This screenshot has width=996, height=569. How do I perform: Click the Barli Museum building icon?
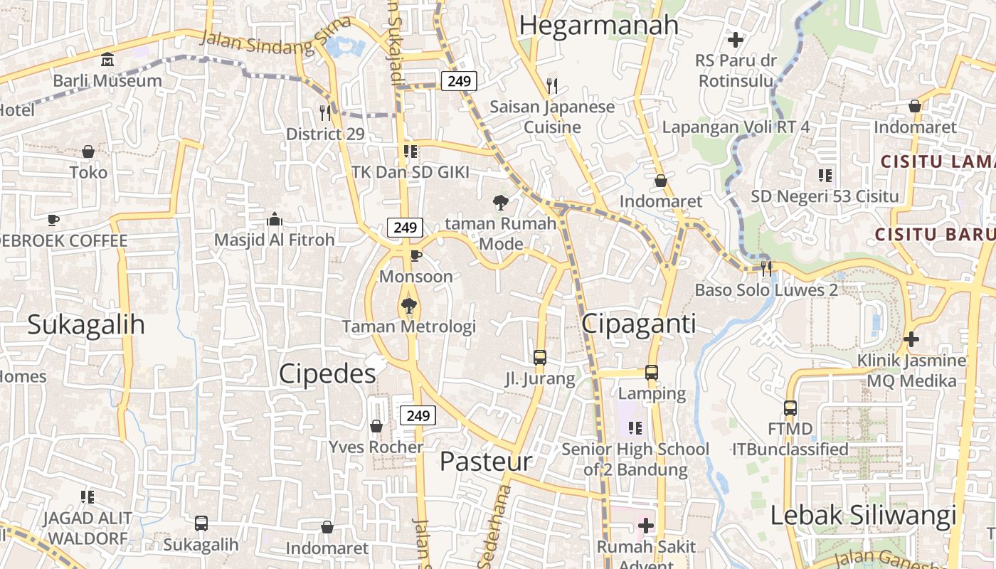point(107,59)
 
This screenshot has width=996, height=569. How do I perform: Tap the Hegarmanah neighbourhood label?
point(599,25)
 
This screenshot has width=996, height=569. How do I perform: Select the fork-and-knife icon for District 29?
point(325,112)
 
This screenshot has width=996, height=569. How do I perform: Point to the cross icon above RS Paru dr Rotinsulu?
point(736,40)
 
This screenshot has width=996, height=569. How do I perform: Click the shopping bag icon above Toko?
point(88,151)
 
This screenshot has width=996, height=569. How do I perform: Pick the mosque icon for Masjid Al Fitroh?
point(274,219)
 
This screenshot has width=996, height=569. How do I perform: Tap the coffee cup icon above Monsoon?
point(416,255)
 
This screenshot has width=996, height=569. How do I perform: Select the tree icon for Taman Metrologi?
point(408,307)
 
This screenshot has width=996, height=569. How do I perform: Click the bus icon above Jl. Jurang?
point(540,357)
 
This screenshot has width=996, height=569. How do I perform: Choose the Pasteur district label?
point(485,462)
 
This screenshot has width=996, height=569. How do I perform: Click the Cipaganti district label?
point(638,324)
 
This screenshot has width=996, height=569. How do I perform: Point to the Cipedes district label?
point(327,373)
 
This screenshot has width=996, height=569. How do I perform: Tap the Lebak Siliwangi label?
point(864,516)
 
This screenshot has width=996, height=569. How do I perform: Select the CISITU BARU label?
point(934,234)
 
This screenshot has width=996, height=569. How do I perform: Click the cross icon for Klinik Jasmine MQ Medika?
point(911,339)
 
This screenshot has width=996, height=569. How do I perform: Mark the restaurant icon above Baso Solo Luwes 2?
point(766,268)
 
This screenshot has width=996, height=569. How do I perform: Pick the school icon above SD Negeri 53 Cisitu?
point(825,175)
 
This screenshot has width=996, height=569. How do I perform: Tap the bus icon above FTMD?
point(790,408)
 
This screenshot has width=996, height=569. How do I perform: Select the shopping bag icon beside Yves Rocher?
point(376,426)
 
